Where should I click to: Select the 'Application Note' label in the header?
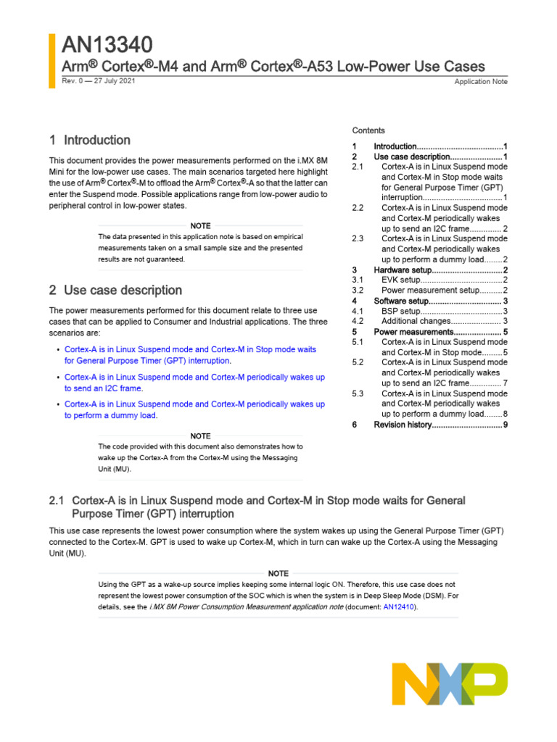481,82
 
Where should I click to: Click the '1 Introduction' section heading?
90,140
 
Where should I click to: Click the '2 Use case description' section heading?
115,290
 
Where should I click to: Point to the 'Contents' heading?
368,130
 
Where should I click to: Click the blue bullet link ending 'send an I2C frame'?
194,383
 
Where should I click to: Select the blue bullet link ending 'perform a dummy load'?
194,409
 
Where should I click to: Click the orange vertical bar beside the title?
51,61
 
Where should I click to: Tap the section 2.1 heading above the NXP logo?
257,507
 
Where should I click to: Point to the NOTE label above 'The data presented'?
200,226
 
